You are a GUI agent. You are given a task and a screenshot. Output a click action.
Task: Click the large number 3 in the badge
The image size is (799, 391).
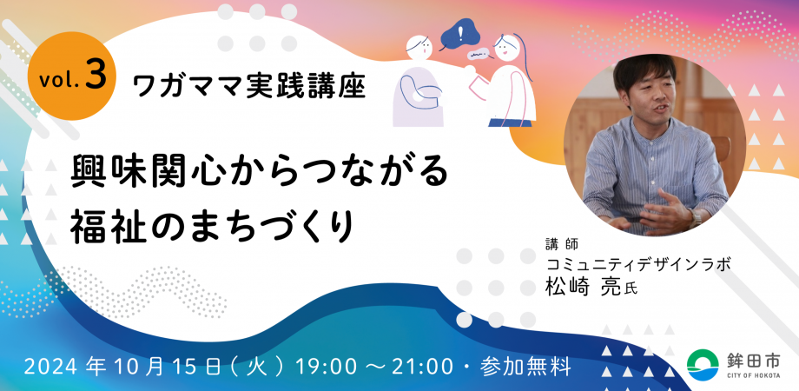[x=96, y=76]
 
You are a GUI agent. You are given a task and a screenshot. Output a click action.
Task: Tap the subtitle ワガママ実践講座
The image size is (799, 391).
[x=249, y=84]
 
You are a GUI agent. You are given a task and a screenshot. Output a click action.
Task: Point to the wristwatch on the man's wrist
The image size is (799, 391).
[x=695, y=215]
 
